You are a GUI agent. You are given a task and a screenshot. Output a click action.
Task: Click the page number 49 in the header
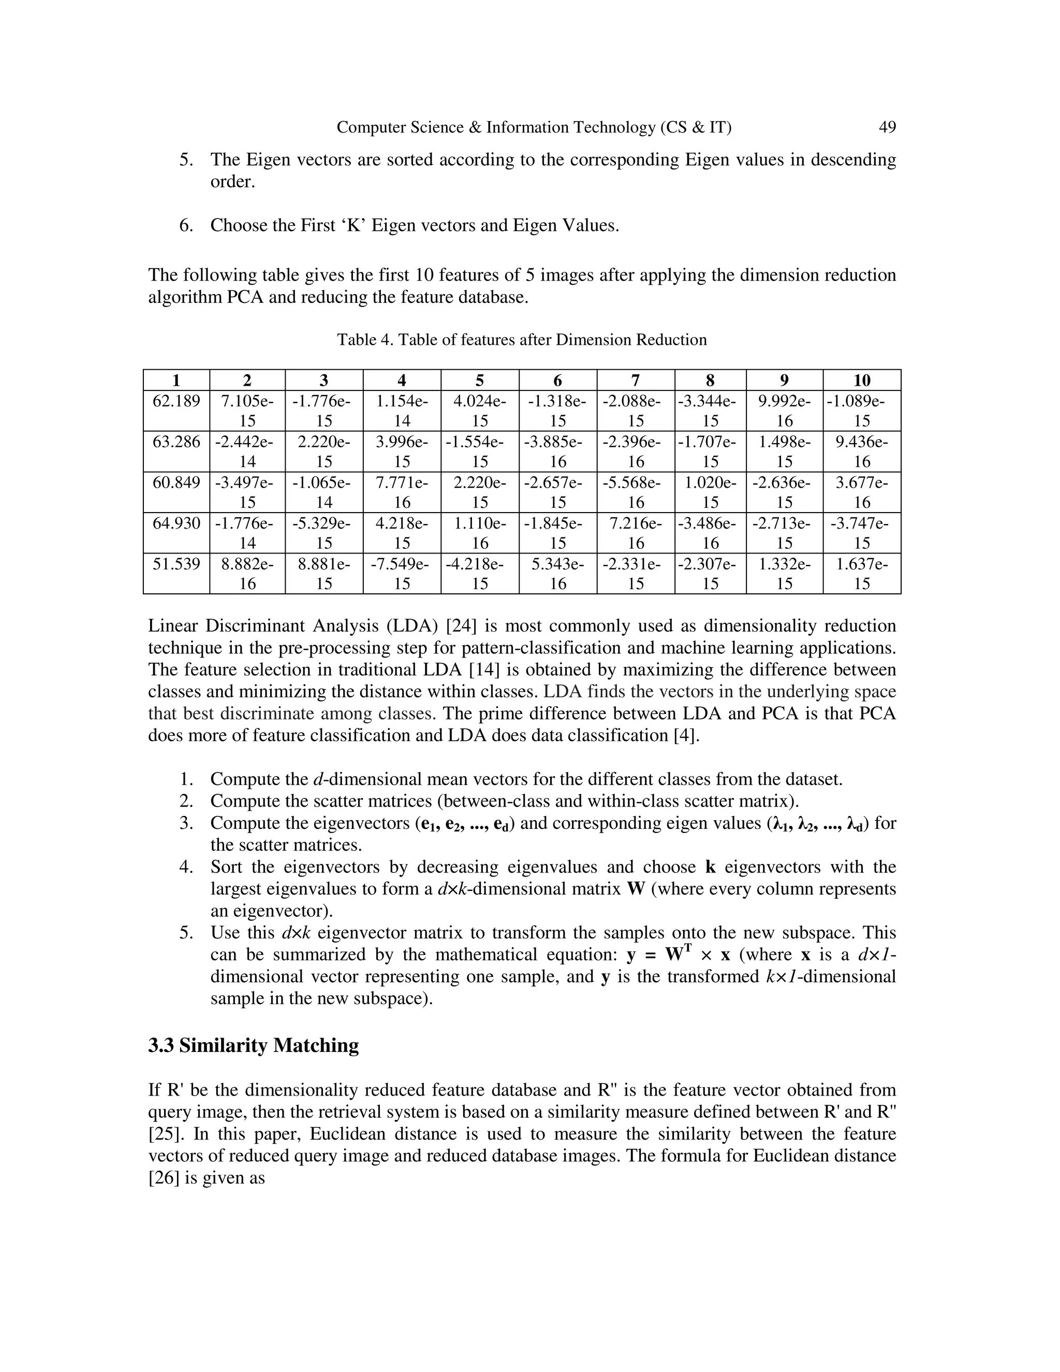(x=887, y=127)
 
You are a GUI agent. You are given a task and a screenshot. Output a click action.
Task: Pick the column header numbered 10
(x=862, y=380)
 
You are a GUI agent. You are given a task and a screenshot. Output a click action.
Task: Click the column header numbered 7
(x=635, y=380)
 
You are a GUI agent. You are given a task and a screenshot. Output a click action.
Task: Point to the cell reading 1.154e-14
(x=402, y=411)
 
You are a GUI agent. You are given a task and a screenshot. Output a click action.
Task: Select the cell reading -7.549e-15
(x=402, y=574)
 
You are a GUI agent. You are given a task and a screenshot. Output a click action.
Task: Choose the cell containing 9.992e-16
(x=784, y=411)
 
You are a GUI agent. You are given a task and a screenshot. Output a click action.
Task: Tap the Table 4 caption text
(x=522, y=340)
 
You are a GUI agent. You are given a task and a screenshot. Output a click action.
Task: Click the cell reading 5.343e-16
(x=557, y=574)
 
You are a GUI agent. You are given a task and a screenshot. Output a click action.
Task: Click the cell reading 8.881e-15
(x=323, y=574)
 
